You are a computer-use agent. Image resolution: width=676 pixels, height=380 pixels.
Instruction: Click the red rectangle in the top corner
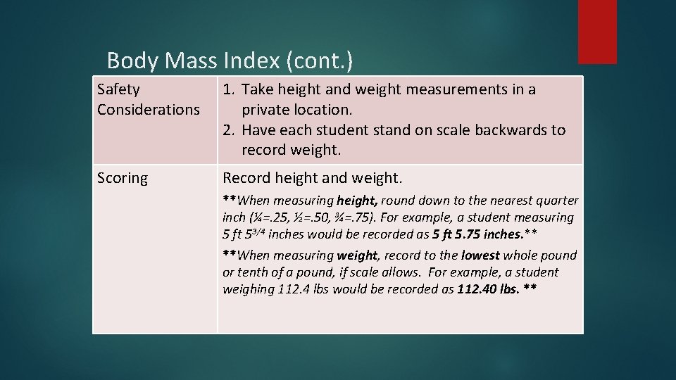click(597, 32)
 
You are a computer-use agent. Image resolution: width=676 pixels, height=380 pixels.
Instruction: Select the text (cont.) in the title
click(320, 61)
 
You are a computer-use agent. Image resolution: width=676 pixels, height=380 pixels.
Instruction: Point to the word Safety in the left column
click(118, 89)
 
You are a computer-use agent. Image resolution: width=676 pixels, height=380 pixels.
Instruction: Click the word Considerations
click(149, 110)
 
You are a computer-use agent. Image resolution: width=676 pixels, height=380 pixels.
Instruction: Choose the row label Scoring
click(123, 178)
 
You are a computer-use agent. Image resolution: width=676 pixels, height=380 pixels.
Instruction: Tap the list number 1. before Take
click(230, 89)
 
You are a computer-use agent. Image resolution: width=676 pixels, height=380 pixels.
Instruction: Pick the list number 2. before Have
click(230, 130)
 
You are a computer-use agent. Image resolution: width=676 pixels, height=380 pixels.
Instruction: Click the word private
click(265, 110)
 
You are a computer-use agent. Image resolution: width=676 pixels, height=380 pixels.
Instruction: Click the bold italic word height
click(357, 201)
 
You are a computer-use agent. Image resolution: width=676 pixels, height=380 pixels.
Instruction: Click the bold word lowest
click(480, 255)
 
